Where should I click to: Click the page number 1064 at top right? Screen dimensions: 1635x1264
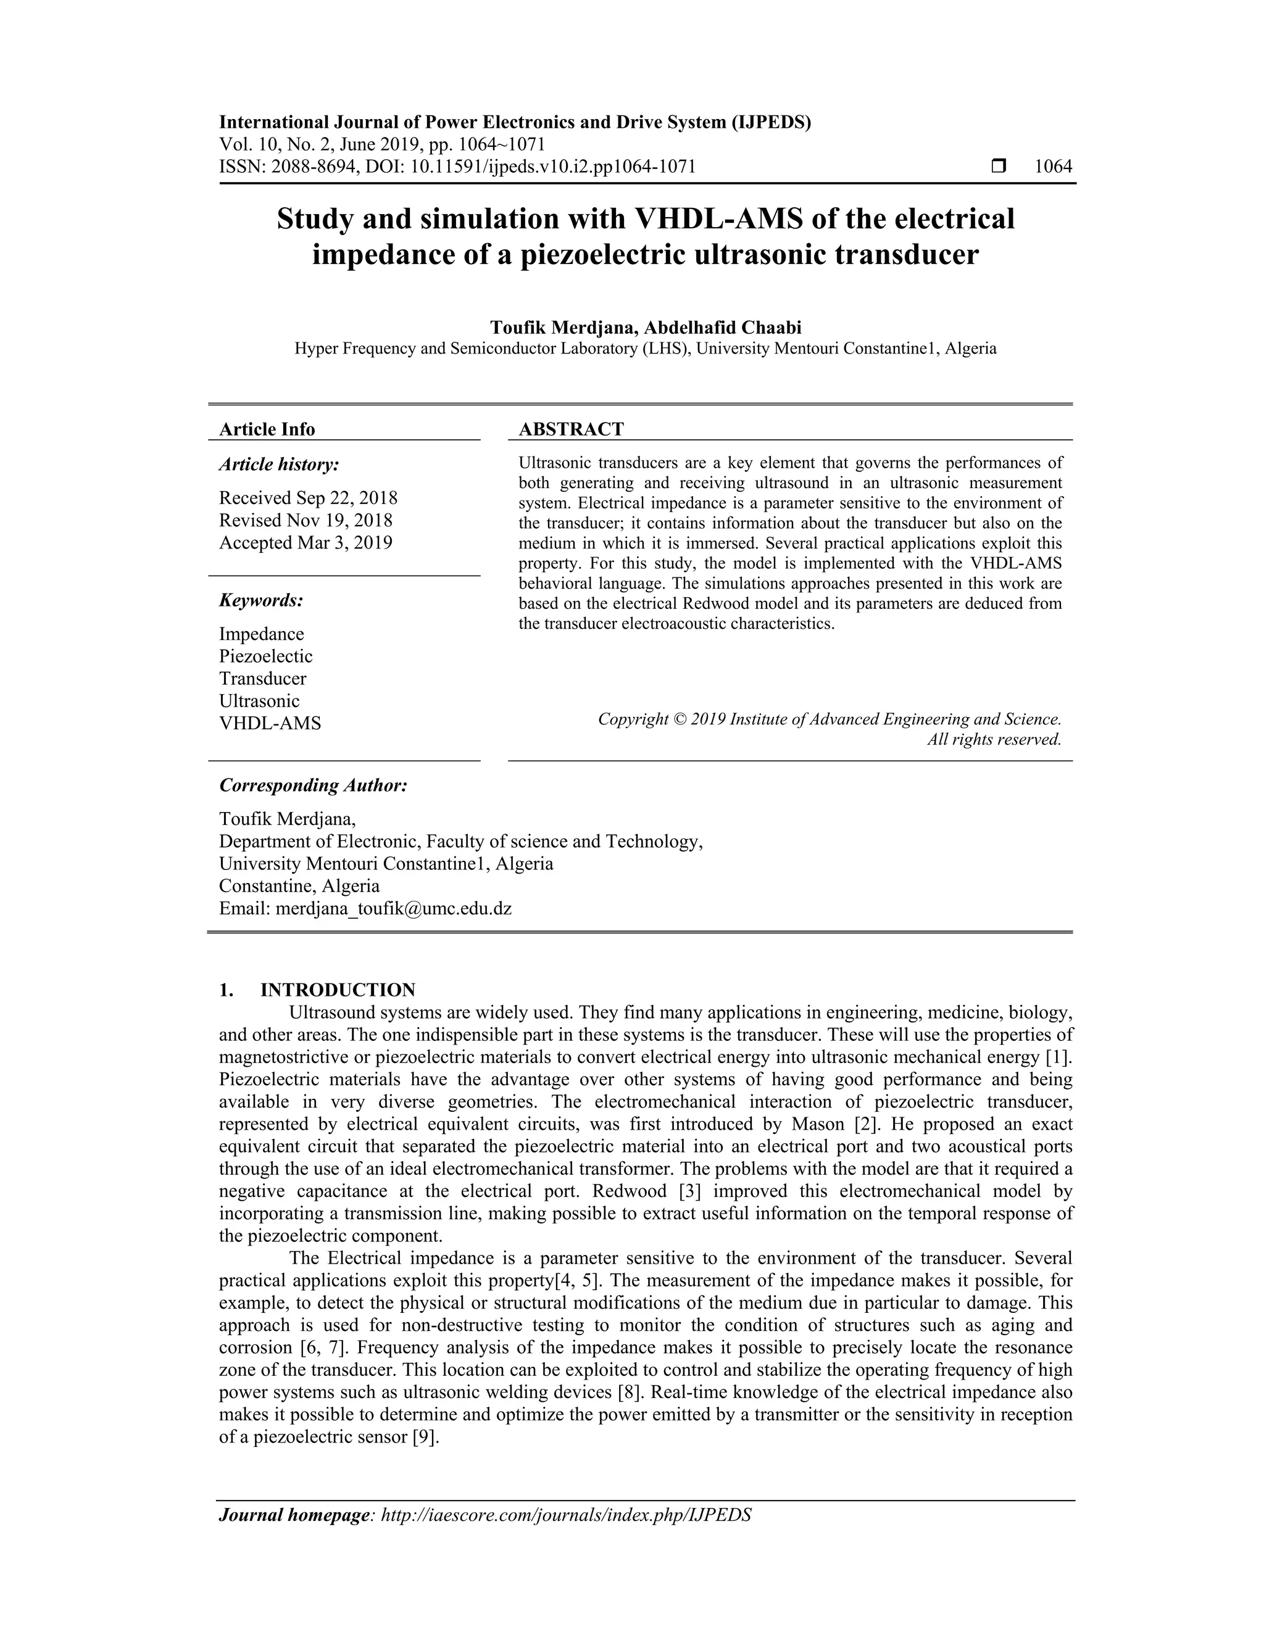coord(1053,166)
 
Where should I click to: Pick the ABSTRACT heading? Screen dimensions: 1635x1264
coord(572,429)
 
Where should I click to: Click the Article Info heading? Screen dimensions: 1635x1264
coord(267,429)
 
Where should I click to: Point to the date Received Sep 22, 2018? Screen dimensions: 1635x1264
coord(308,498)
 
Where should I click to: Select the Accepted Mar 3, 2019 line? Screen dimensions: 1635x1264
coord(306,543)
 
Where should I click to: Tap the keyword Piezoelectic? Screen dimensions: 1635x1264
coord(266,656)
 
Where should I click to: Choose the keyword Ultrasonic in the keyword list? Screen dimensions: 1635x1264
coord(259,702)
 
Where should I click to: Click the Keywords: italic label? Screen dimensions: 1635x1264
coord(260,600)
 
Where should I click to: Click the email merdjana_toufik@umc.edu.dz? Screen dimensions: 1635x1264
coord(393,909)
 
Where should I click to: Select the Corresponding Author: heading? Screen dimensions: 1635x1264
coord(313,785)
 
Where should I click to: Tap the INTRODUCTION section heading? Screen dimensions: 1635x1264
coord(337,990)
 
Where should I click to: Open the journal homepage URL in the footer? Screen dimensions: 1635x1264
coord(566,1515)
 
